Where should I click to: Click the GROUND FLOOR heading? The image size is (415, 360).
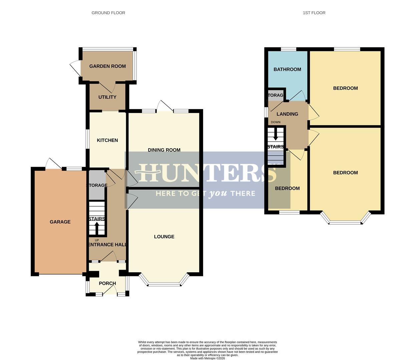108,13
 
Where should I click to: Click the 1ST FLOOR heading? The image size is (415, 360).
314,13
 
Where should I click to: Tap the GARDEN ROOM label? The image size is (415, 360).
107,66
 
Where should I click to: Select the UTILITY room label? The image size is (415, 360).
107,97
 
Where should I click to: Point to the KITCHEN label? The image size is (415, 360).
107,140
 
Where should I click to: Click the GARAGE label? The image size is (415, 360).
60,222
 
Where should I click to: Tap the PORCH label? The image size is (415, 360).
107,283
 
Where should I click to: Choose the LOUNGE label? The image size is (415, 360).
164,237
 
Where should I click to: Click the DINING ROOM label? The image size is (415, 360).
164,150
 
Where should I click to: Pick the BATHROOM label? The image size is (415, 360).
287,69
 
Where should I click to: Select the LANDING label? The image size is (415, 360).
287,114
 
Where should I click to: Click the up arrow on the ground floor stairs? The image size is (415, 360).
97,228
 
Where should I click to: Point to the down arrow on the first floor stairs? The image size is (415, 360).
276,135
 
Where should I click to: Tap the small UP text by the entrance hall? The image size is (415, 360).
97,240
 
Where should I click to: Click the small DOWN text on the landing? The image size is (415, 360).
276,122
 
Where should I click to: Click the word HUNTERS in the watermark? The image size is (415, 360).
207,173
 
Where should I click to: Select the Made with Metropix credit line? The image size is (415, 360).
207,358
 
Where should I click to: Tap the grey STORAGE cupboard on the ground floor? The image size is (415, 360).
97,185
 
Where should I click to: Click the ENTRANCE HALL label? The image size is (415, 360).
107,245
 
